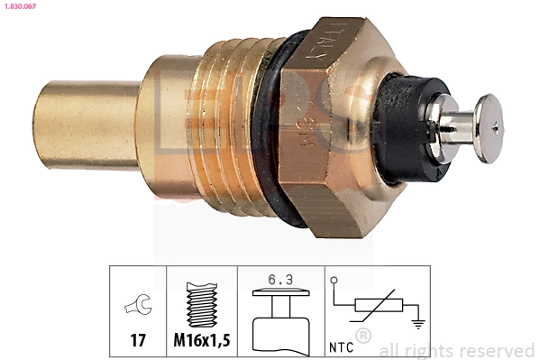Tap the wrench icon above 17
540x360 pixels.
137,307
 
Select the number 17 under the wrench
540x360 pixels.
137,341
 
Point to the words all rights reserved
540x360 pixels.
456,351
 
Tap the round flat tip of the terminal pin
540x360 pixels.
489,128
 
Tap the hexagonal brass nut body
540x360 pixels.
334,135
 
